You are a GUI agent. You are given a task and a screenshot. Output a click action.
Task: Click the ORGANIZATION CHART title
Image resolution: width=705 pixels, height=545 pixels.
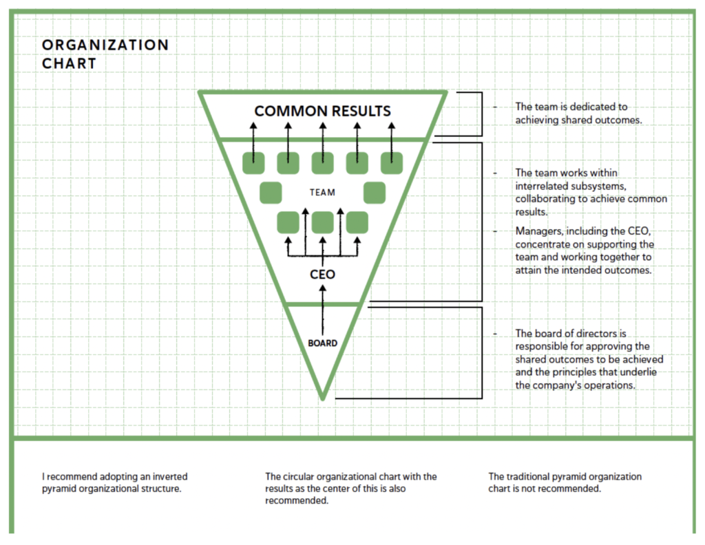[x=105, y=54]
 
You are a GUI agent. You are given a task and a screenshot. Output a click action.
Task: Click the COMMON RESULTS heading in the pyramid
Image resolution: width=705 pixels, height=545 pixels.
[x=322, y=111]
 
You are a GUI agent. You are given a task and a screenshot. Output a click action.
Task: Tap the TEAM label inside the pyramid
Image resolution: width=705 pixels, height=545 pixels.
[x=322, y=193]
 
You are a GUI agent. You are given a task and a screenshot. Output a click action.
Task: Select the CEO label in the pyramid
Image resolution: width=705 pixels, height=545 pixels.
[x=322, y=275]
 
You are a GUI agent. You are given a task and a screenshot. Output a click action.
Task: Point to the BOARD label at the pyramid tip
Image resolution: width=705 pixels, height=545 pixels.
[x=322, y=343]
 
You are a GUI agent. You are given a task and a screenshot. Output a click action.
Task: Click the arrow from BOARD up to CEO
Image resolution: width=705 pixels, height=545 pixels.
[x=322, y=310]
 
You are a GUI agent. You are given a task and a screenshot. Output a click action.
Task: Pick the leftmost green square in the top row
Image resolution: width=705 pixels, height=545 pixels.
[x=254, y=163]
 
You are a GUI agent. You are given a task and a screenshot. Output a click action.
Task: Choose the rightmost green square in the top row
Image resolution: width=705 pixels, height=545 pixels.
[x=392, y=163]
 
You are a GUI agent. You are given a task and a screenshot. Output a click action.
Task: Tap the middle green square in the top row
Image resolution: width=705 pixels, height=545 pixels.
[x=322, y=163]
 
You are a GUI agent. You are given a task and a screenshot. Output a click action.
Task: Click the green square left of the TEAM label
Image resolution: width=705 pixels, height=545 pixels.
[x=271, y=193]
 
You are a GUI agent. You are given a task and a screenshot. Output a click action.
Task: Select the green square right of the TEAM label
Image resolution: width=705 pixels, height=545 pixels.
[x=374, y=193]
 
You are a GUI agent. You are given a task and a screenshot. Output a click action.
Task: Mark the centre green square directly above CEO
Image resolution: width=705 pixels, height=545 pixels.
[x=322, y=222]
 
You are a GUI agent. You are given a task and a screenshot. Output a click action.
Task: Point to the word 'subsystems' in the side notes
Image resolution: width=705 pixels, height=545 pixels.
[x=605, y=186]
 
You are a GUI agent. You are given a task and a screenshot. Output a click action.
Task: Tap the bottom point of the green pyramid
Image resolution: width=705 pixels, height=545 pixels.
[x=322, y=398]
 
